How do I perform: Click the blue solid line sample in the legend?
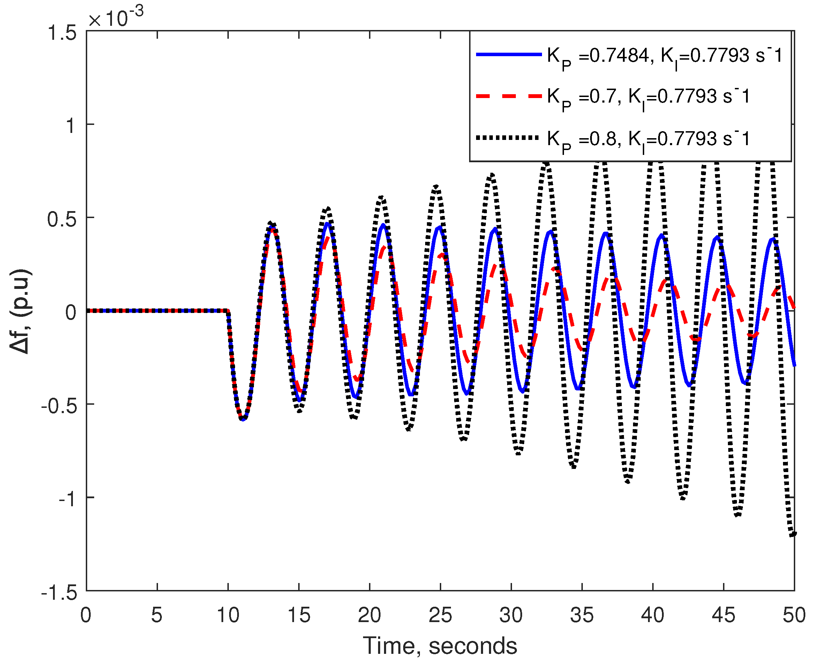[509, 55]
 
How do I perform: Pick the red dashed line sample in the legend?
[509, 96]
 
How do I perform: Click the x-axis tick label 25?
[441, 615]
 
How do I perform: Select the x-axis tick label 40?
[653, 615]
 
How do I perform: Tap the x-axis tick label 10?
[228, 615]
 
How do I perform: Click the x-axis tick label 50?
[793, 615]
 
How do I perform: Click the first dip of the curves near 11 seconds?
[243, 419]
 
